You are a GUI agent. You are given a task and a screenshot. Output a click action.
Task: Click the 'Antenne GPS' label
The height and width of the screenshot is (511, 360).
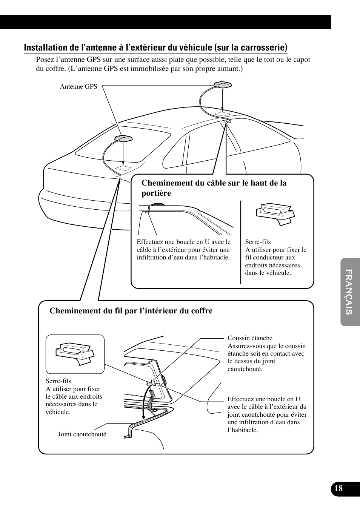[78, 87]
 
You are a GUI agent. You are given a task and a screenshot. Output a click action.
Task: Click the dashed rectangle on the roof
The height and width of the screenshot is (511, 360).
[222, 114]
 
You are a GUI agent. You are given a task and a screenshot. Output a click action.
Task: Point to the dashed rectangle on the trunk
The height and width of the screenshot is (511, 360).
[123, 167]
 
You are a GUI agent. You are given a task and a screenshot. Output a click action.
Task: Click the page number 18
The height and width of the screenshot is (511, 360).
[338, 488]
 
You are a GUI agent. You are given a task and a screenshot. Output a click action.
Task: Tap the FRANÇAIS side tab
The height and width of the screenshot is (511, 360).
[350, 292]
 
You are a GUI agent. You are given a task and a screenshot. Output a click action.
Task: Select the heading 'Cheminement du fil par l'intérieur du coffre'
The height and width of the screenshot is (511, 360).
[131, 311]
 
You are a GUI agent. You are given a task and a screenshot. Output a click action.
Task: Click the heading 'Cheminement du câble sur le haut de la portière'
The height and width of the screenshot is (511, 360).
[214, 188]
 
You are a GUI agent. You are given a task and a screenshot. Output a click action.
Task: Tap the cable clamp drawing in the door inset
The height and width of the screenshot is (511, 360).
[275, 214]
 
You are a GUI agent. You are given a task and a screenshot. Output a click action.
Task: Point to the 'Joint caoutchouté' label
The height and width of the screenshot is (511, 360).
[82, 434]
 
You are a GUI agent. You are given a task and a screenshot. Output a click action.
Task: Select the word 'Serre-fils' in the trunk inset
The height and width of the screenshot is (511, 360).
[58, 381]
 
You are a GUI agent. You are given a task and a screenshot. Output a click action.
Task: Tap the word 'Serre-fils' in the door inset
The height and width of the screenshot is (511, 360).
[258, 242]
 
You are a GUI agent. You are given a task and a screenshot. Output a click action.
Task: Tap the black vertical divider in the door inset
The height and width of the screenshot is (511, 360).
[241, 242]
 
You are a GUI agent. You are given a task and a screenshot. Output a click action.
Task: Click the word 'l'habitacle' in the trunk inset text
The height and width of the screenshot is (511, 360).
[243, 430]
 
